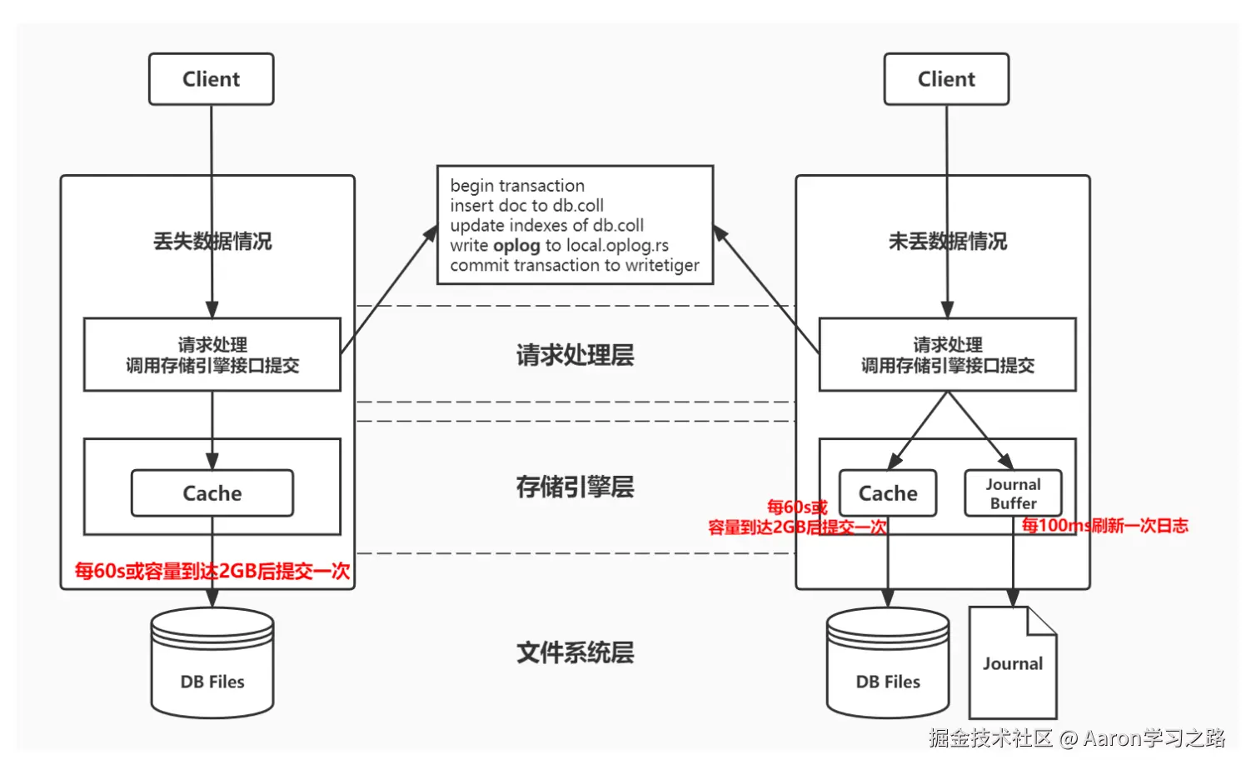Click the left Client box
point(212,79)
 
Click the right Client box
point(946,79)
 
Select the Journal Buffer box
point(1013,493)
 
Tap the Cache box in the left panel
point(212,493)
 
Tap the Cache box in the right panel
point(888,493)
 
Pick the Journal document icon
point(1013,663)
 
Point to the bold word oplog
point(516,246)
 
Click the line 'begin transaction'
point(517,186)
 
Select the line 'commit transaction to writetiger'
point(575,266)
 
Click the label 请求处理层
point(575,355)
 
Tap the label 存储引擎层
point(575,487)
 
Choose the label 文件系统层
point(575,652)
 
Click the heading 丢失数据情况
point(212,242)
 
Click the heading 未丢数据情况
point(948,242)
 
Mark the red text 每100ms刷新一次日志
point(1104,526)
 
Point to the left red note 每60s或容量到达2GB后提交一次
point(212,571)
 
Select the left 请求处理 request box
point(212,355)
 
